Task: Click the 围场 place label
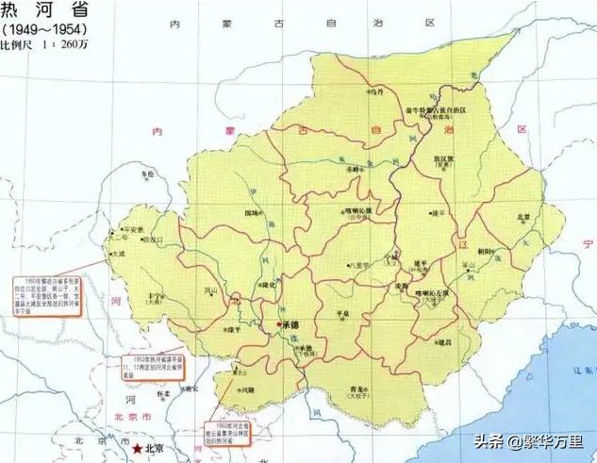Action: (x=253, y=213)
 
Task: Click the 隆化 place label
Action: (x=267, y=285)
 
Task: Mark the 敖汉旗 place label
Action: (x=443, y=158)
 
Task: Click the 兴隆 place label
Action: (x=248, y=388)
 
